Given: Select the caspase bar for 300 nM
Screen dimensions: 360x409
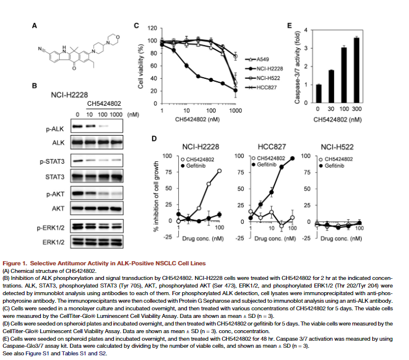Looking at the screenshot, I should click(356, 71).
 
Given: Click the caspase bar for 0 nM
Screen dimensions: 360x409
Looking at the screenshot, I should click(318, 94).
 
